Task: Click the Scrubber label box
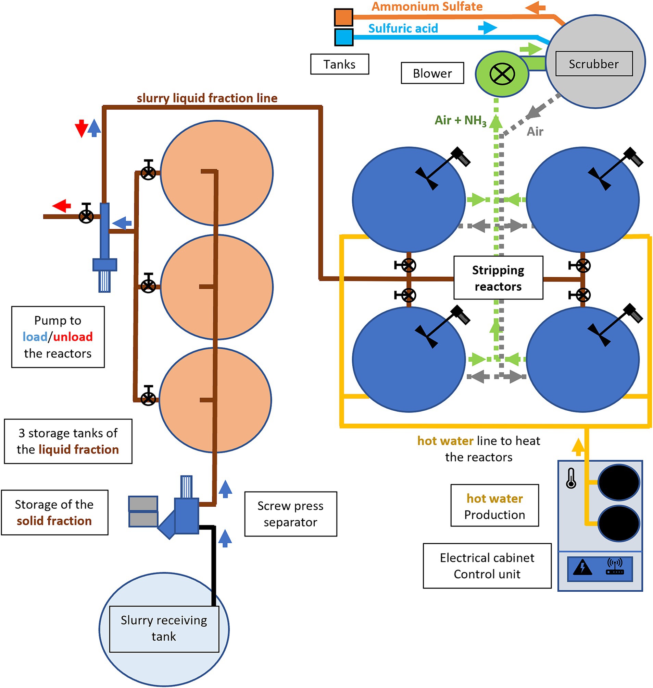594,64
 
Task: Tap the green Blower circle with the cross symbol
502,74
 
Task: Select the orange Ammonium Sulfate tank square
343,17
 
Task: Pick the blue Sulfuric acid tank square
343,37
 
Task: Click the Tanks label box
339,64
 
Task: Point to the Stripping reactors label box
498,278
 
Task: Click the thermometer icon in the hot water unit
571,478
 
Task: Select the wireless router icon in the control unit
615,566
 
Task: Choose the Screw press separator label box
291,514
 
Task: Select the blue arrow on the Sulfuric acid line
488,27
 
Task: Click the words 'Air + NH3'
460,121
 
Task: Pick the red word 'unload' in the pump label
73,337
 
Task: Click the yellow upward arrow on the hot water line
578,447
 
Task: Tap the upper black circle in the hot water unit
618,482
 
